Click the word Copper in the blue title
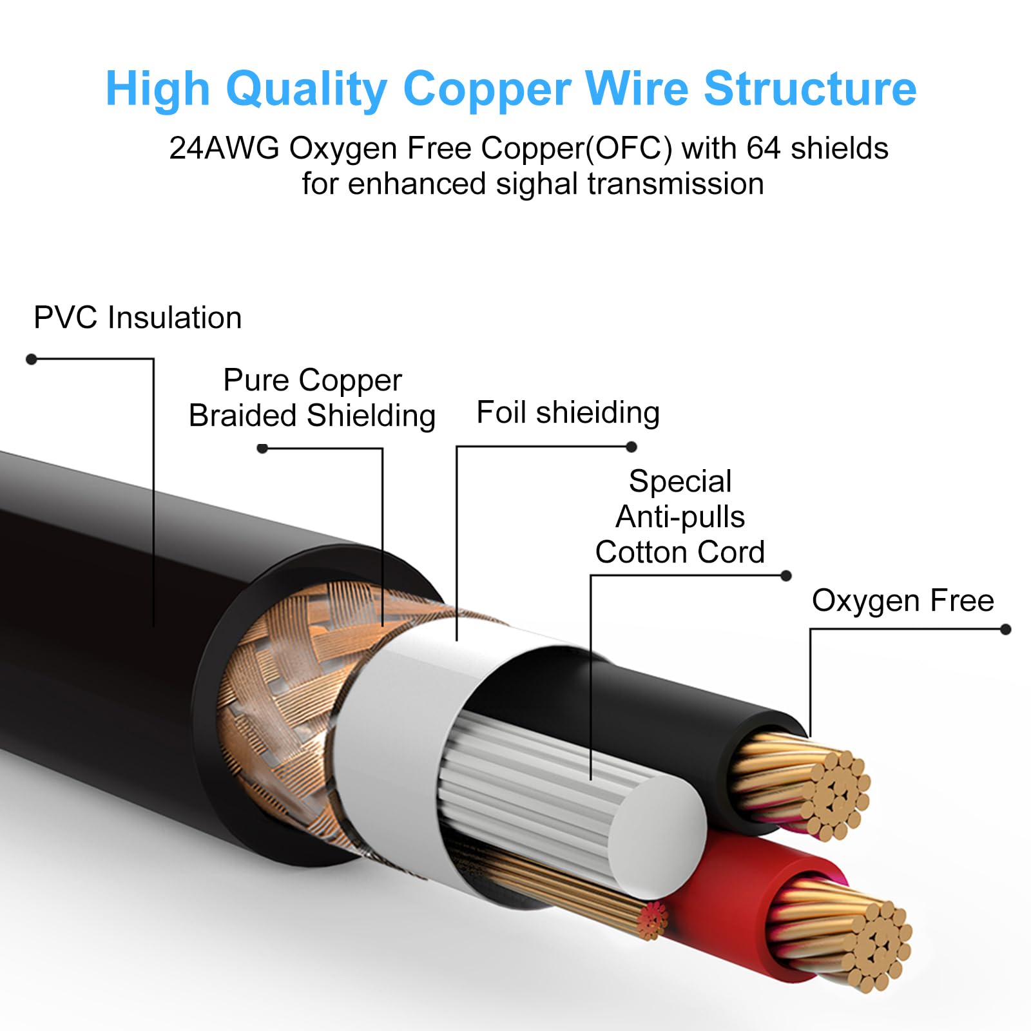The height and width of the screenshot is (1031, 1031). click(487, 89)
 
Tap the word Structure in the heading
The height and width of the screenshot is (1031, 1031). click(810, 88)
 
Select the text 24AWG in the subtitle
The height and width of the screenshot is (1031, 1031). click(224, 148)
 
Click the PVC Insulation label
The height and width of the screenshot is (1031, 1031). click(137, 318)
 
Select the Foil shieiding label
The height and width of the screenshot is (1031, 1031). click(568, 412)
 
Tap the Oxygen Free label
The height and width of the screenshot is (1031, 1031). click(903, 601)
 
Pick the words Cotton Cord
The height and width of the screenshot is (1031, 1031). click(680, 552)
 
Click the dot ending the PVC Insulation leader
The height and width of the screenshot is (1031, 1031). click(31, 359)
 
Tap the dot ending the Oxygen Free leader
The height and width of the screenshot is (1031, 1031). click(1005, 630)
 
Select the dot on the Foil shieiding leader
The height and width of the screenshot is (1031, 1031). click(631, 447)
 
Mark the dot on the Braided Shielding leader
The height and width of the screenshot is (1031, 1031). click(262, 448)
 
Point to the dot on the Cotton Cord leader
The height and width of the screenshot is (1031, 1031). click(785, 575)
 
